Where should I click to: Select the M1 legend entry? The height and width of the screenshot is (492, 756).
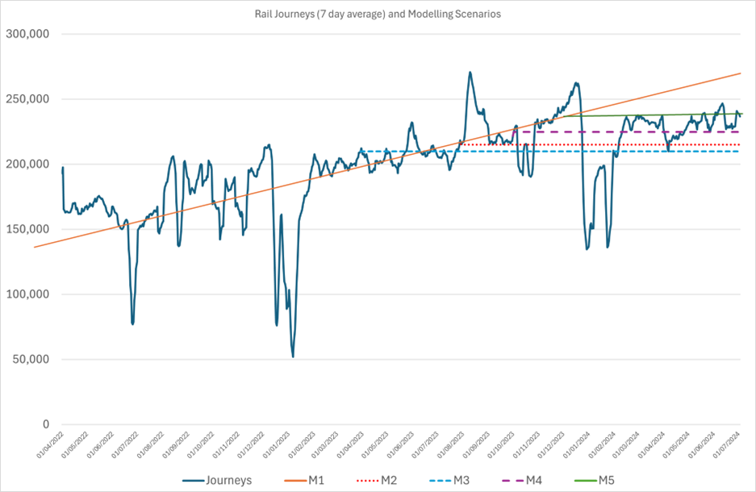(318, 481)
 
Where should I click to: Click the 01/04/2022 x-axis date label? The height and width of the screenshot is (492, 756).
(50, 448)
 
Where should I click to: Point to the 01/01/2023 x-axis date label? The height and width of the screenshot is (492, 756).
(271, 448)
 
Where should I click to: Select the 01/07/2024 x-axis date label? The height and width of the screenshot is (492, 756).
(728, 448)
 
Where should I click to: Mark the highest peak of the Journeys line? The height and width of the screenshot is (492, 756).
(470, 72)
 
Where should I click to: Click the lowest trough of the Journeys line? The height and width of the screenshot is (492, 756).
(293, 356)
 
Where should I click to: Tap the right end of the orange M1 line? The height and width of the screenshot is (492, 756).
(741, 73)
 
